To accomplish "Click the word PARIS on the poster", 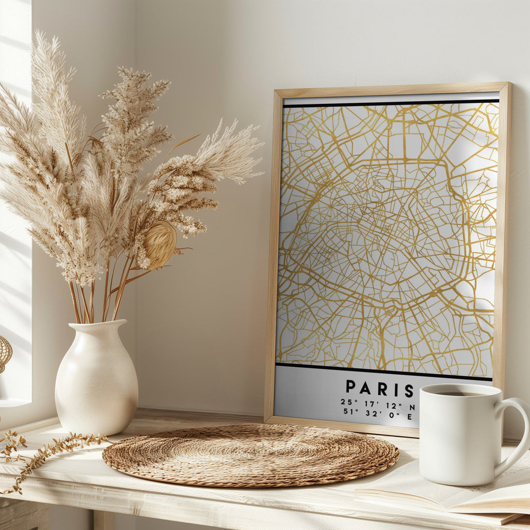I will click(x=379, y=388).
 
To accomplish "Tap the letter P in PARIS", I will click(x=351, y=387).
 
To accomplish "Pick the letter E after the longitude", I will click(x=410, y=417).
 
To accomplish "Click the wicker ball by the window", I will click(x=4, y=352).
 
